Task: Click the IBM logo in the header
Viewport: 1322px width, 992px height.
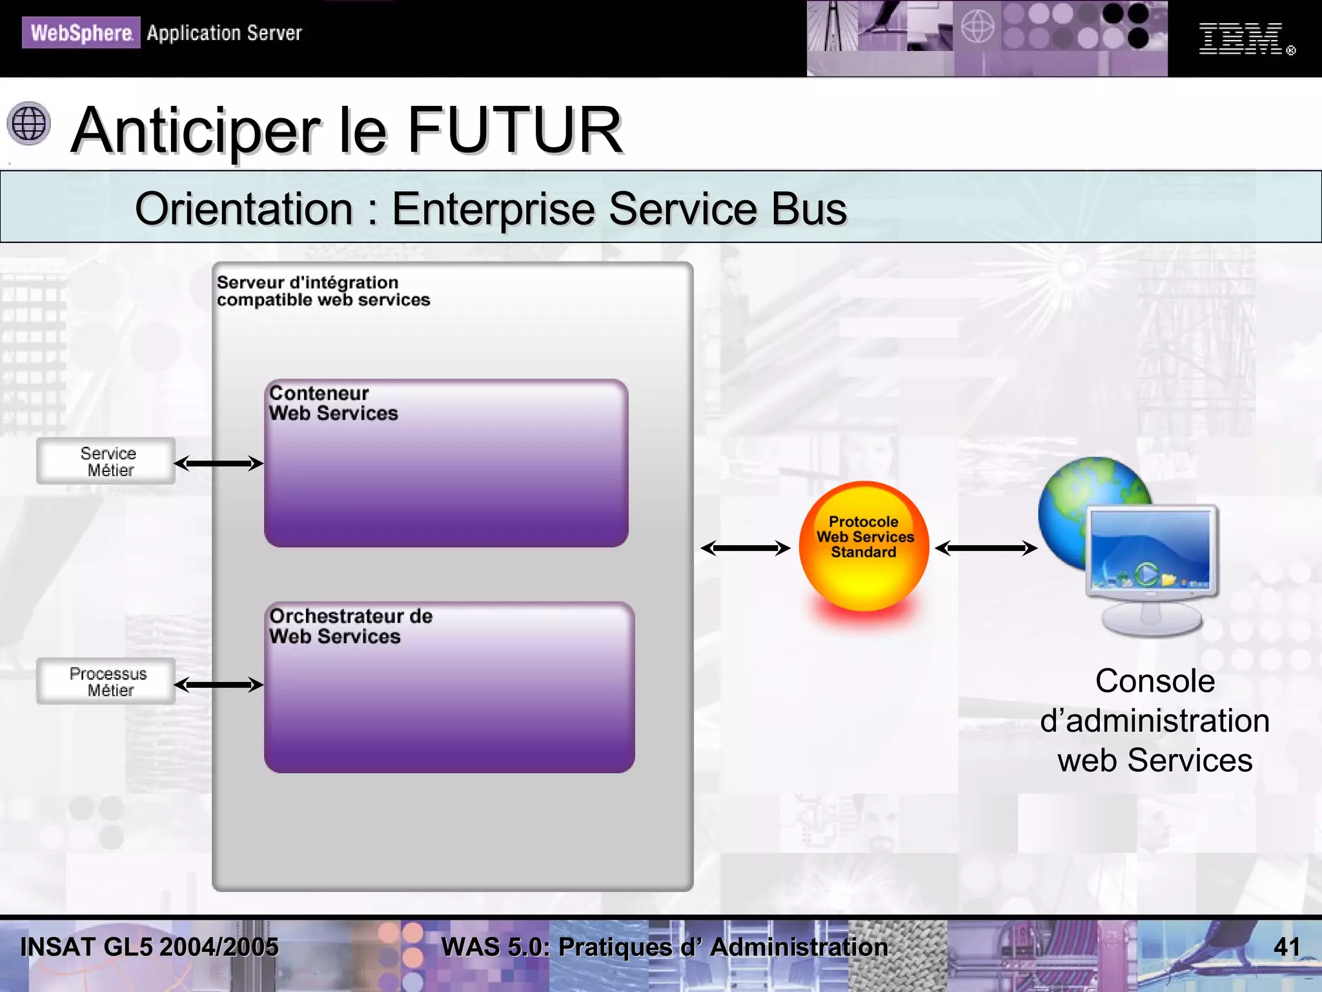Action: [1240, 39]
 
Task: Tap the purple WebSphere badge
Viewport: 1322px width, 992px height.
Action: [81, 32]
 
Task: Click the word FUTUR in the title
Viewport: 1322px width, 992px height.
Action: [514, 130]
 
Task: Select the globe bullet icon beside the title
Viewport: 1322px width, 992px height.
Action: [29, 123]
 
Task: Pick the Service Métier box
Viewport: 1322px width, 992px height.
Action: [107, 461]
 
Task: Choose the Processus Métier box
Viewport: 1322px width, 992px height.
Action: [107, 681]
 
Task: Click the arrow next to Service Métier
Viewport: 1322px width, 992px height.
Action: [219, 463]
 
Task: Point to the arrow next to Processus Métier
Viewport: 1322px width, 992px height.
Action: [219, 685]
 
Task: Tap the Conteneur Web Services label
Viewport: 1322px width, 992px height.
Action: [333, 403]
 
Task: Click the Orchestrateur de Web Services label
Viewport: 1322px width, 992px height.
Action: [351, 626]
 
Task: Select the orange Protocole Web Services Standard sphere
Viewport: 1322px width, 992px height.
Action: [864, 546]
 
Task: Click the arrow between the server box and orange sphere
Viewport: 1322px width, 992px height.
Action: [746, 548]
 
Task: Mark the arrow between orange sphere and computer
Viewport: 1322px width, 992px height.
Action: [986, 548]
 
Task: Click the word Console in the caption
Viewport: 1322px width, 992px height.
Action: [1155, 681]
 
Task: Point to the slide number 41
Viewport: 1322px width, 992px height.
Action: [1286, 947]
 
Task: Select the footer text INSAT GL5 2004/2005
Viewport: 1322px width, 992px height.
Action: [149, 947]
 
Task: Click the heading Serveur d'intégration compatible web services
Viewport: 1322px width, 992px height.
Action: [323, 291]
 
